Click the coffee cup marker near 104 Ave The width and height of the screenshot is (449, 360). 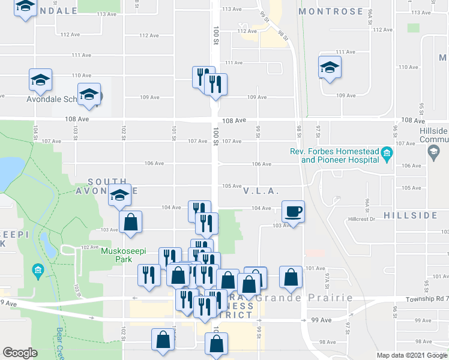tap(292, 211)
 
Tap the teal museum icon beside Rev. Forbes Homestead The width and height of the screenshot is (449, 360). tap(387, 155)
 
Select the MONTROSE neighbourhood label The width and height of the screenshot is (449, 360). tap(331, 11)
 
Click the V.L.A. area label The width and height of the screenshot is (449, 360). tap(262, 191)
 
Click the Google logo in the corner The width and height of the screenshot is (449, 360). tap(20, 353)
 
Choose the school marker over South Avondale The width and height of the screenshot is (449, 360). tap(119, 195)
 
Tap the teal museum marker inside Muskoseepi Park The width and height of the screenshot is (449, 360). tap(38, 272)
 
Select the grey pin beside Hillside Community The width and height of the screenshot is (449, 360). tap(433, 153)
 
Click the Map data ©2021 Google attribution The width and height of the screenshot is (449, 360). tap(411, 355)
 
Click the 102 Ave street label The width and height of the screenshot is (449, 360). tap(90, 247)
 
